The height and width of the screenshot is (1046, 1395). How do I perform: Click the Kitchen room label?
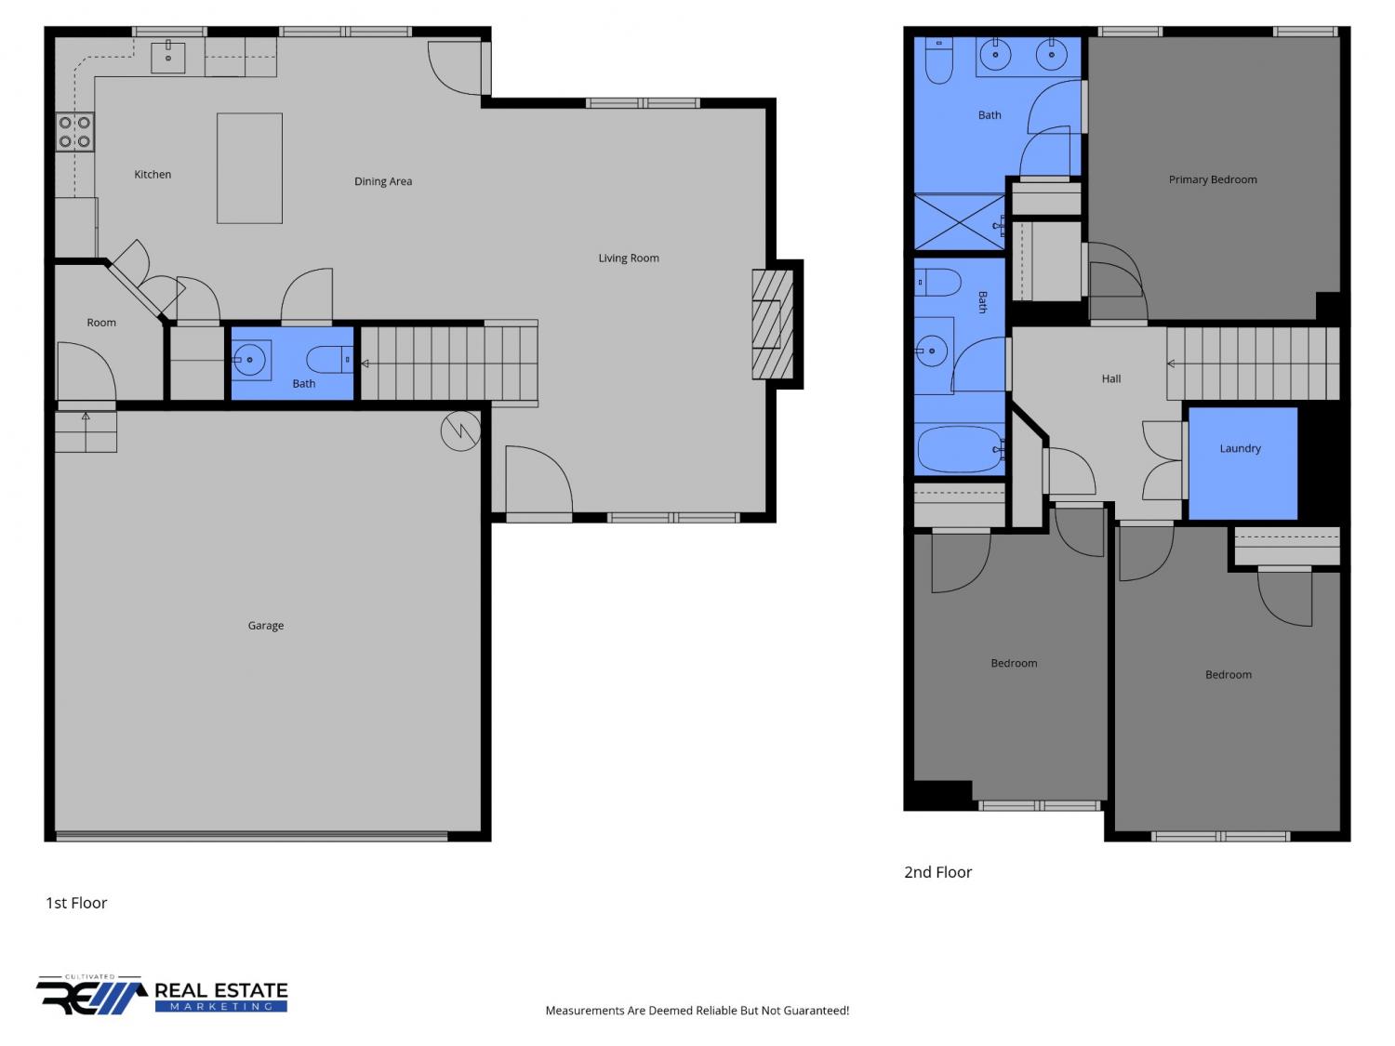153,174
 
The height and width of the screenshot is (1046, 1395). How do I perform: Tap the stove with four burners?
75,131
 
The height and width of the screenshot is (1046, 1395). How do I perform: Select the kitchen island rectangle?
250,168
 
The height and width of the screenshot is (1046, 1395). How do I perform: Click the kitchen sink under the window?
168,57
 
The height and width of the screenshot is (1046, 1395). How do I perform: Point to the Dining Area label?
383,181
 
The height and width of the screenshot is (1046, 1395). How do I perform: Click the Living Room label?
629,258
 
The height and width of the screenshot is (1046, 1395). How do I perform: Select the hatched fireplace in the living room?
773,324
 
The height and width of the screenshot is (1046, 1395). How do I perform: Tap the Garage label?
266,626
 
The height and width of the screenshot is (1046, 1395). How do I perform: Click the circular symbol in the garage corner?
460,431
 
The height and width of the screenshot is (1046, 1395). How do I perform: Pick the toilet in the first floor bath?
330,360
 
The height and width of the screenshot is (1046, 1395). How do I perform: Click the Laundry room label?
1240,448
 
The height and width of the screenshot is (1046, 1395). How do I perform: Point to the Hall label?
1111,379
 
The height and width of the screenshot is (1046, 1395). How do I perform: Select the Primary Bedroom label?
1213,179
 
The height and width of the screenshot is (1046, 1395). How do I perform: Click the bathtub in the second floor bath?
960,450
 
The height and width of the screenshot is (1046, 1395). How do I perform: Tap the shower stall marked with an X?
960,221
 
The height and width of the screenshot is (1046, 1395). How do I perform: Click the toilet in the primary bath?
938,60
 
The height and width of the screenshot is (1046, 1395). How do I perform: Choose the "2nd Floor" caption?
938,872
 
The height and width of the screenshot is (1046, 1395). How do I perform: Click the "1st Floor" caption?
76,903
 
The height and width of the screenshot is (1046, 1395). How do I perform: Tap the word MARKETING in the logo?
221,1007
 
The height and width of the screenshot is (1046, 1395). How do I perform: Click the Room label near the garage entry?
101,323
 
